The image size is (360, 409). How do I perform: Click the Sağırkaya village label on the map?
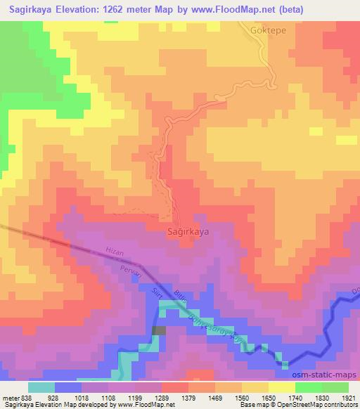[x=189, y=230]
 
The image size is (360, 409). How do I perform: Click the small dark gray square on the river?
[x=160, y=330]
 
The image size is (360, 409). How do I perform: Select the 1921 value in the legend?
[x=349, y=396]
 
